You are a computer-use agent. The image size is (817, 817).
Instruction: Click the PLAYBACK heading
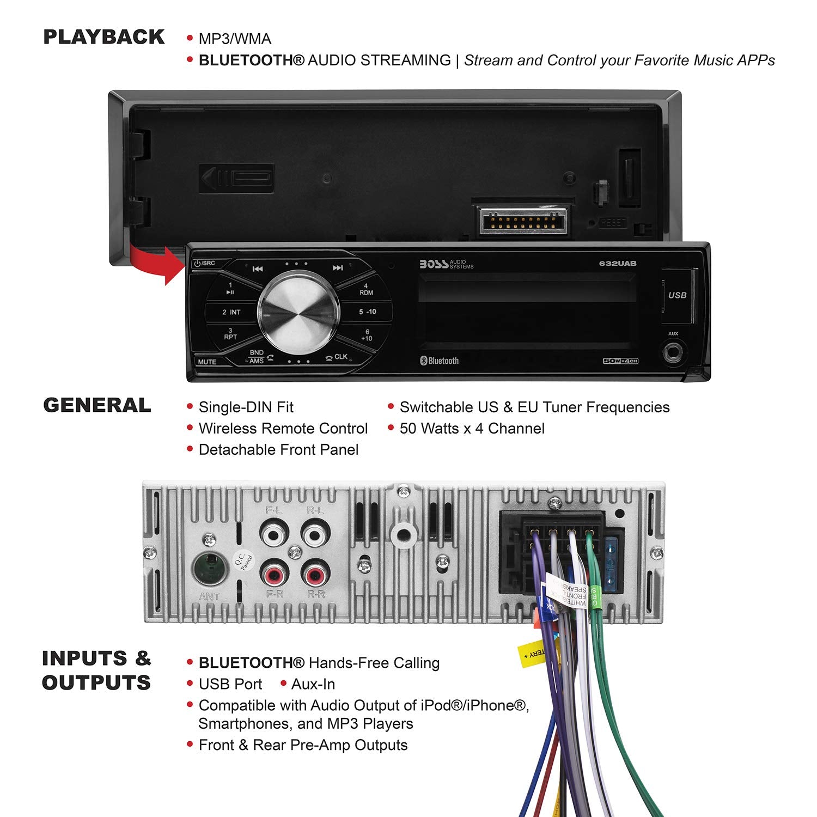[103, 37]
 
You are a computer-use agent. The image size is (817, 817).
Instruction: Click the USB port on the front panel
[677, 295]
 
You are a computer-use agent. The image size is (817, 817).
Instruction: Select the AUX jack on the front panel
[674, 352]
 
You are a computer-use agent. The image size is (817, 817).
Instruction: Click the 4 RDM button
[365, 289]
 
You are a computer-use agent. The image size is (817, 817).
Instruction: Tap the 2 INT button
[231, 312]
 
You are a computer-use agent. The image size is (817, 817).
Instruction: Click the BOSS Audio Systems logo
[446, 264]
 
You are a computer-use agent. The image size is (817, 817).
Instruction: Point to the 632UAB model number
[618, 264]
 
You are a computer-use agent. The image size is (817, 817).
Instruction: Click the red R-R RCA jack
[314, 575]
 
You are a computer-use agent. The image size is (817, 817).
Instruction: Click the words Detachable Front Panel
[278, 450]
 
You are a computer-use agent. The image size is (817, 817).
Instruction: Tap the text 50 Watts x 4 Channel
[472, 429]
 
